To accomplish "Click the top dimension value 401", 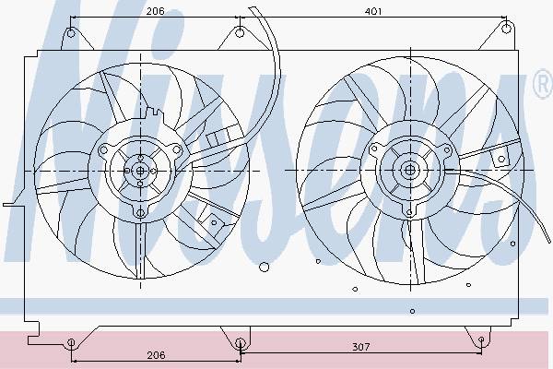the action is tap(373, 12).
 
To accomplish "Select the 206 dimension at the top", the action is tap(156, 11).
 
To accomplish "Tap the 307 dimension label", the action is tap(361, 347).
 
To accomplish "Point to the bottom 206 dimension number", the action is tap(156, 355).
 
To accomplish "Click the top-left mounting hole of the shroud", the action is tap(71, 33).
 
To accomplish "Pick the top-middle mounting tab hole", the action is tap(240, 33).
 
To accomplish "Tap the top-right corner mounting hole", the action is tap(506, 29).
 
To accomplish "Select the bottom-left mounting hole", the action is tap(71, 342).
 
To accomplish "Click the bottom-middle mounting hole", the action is tap(240, 342).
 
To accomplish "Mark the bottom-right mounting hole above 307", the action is tap(481, 339).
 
